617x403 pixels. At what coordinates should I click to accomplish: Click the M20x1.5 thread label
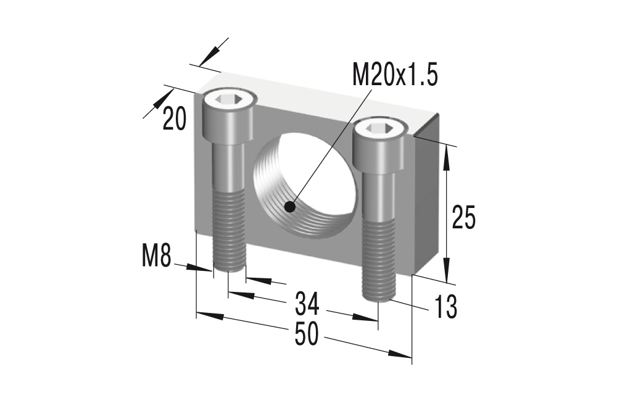click(394, 76)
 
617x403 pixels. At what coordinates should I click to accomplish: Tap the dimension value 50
click(306, 334)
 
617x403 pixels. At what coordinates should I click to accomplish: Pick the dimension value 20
click(175, 119)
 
